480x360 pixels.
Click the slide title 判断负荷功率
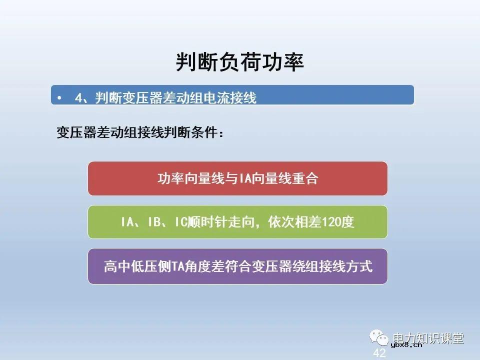click(x=239, y=62)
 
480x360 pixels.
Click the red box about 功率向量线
click(x=237, y=178)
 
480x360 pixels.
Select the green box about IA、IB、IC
click(x=237, y=222)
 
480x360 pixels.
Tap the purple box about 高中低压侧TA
click(x=237, y=266)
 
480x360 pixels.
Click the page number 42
click(x=379, y=353)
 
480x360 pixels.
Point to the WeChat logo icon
click(x=380, y=338)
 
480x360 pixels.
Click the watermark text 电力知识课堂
click(x=428, y=338)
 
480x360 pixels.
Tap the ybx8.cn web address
click(x=406, y=344)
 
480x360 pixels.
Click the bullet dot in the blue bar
click(x=59, y=98)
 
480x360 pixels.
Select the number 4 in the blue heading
click(x=78, y=98)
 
